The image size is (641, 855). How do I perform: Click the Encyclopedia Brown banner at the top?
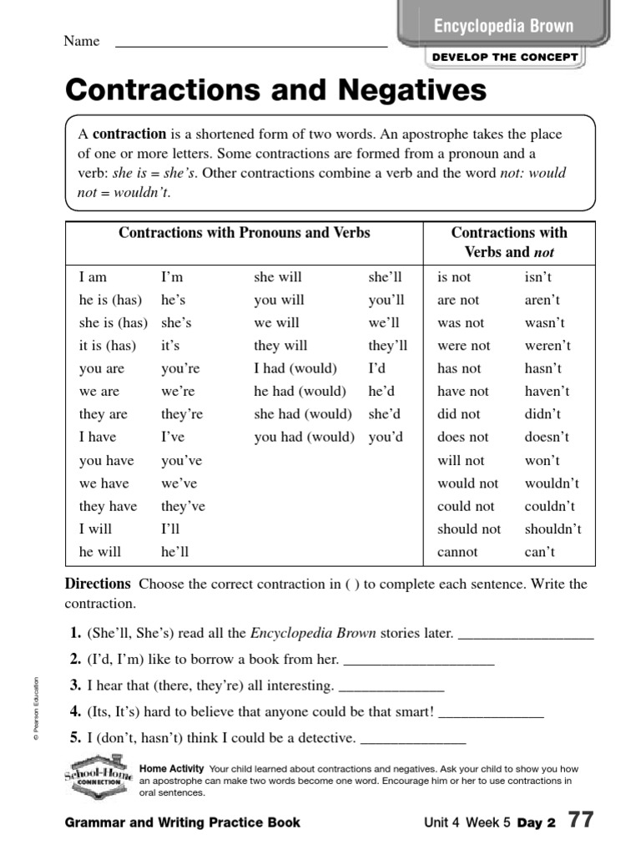click(x=503, y=26)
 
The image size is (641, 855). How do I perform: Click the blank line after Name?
click(x=250, y=43)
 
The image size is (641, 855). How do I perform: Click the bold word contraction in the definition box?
click(x=129, y=134)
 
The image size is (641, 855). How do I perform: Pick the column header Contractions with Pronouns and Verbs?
click(x=245, y=233)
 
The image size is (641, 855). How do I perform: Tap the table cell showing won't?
click(x=542, y=461)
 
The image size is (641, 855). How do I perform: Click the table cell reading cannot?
click(x=457, y=552)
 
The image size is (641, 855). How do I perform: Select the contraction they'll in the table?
click(x=387, y=346)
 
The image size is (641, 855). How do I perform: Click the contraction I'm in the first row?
click(x=172, y=277)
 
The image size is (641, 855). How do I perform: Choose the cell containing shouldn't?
click(x=553, y=529)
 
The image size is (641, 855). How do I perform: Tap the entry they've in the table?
click(x=183, y=506)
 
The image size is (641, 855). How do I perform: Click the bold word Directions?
click(x=98, y=584)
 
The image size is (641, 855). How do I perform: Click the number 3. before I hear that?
click(x=76, y=686)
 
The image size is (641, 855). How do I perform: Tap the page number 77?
click(x=581, y=821)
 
